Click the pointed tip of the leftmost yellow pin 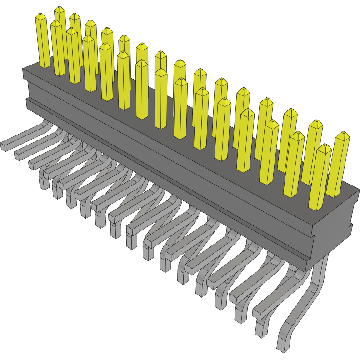pos(41,16)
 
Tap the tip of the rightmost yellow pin pos(342,135)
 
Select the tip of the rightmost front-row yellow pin pos(323,147)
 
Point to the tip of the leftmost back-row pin pos(60,10)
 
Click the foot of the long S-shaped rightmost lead pos(283,344)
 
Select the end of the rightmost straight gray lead pos(257,313)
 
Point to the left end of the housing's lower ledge pos(28,104)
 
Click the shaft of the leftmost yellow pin pos(44,43)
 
